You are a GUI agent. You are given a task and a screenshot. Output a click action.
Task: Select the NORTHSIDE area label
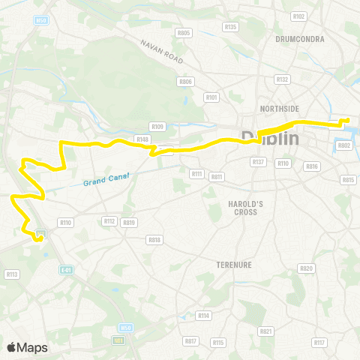(x=279, y=109)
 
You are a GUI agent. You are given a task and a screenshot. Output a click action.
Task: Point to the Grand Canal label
(x=106, y=177)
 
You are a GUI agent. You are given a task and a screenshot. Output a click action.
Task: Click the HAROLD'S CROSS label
(x=242, y=208)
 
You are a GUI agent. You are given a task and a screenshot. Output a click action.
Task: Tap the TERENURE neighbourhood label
(x=235, y=265)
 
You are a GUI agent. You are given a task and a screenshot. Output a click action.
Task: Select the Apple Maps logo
(x=26, y=347)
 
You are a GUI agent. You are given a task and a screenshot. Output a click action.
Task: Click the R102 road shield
(x=299, y=16)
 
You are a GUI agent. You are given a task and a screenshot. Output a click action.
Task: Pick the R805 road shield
(x=184, y=33)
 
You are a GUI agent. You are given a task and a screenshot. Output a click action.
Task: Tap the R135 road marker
(x=230, y=27)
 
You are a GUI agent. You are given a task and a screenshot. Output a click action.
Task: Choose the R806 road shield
(x=185, y=81)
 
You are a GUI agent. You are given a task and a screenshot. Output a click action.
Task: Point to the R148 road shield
(x=143, y=139)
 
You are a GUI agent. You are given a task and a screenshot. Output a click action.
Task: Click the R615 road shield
(x=348, y=180)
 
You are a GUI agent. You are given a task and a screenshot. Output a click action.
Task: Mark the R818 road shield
(x=155, y=240)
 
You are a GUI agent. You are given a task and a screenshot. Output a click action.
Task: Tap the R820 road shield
(x=305, y=268)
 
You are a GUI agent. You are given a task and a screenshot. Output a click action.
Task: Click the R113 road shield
(x=12, y=274)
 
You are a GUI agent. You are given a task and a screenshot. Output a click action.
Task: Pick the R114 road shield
(x=202, y=316)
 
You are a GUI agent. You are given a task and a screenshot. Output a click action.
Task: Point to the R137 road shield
(x=259, y=162)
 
